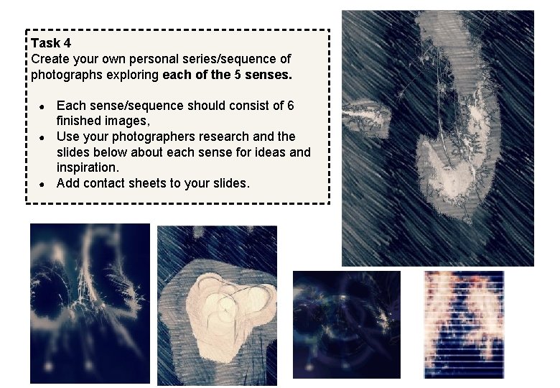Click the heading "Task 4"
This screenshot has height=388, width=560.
point(51,43)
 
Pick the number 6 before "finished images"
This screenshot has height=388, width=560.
point(290,106)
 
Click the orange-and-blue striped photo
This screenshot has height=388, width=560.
point(464,324)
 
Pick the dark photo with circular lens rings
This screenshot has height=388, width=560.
point(347,324)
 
